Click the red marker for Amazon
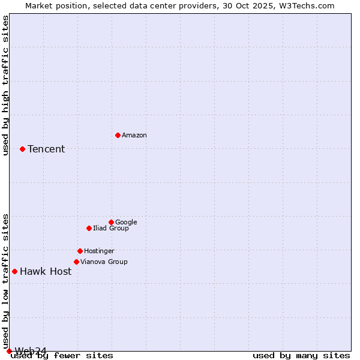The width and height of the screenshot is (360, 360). [118, 135]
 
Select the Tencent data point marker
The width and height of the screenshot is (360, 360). [22, 149]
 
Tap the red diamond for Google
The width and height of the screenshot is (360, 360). [111, 222]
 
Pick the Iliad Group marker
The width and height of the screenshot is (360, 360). [89, 228]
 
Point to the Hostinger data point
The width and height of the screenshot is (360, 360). [80, 251]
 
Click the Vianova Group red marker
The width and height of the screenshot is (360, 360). [76, 262]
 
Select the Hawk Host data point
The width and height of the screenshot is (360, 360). [14, 271]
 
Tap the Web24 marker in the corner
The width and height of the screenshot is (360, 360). [9, 351]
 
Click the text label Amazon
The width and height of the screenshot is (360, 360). [134, 135]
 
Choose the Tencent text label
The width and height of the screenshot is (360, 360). [46, 149]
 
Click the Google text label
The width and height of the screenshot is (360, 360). [126, 222]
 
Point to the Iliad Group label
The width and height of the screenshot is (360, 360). [111, 228]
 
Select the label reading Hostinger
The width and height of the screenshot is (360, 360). [99, 251]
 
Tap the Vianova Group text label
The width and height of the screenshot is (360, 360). [104, 262]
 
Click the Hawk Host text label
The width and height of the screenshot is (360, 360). [46, 271]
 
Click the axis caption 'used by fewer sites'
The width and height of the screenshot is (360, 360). [62, 355]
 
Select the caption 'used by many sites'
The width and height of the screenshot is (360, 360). [301, 355]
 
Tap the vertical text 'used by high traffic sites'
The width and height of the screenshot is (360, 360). [5, 85]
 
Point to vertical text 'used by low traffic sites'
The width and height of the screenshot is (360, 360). [5, 281]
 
